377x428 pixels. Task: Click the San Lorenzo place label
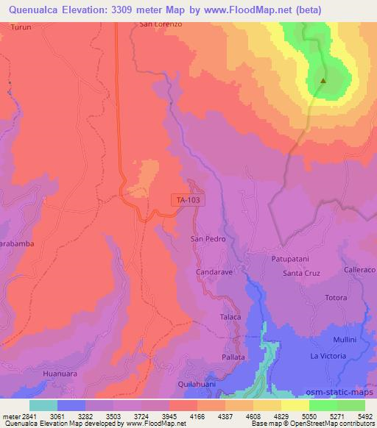[161, 24]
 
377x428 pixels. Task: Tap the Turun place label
[21, 26]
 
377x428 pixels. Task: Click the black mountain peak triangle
[323, 82]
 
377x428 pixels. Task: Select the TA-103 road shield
[188, 199]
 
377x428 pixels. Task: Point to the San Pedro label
[208, 240]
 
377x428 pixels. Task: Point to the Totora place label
[335, 298]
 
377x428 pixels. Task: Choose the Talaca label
[230, 317]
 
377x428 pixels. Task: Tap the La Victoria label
[328, 357]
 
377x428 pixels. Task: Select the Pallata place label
[233, 357]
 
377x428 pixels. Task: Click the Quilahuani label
[198, 384]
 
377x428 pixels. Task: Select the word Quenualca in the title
[37, 9]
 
